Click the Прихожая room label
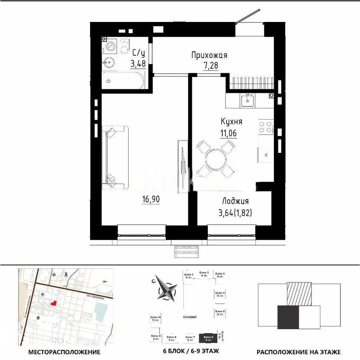point(209,56)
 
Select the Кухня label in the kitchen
point(231,121)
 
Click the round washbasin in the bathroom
point(108,62)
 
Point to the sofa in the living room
point(115,157)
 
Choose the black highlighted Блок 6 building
point(208,338)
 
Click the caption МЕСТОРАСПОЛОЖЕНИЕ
point(64,352)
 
